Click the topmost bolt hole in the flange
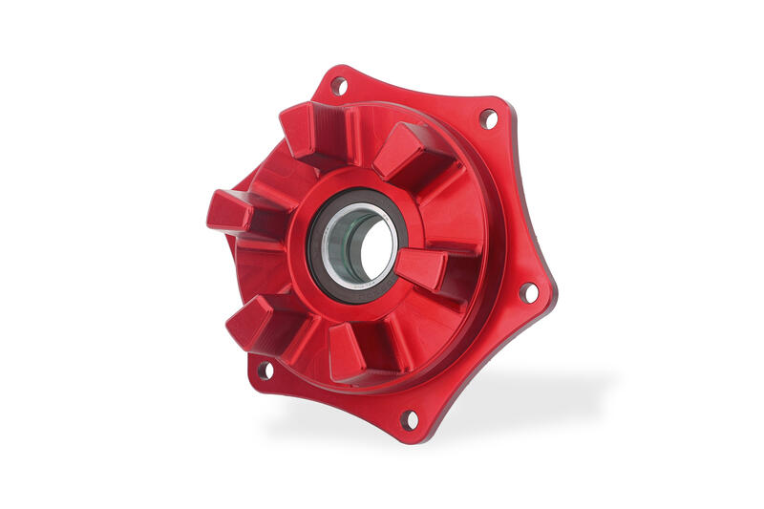[x=338, y=85]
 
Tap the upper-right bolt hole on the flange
[x=488, y=118]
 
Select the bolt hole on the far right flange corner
[x=528, y=292]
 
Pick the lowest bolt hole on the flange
[x=410, y=418]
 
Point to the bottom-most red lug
[x=353, y=350]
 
